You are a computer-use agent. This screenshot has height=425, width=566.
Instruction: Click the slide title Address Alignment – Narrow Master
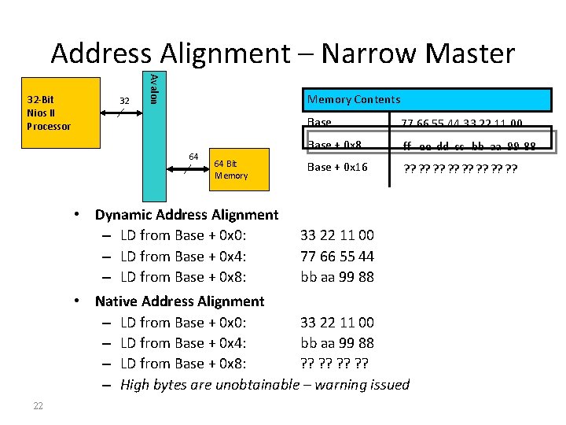pos(283,54)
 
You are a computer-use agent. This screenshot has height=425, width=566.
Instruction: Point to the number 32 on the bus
pos(124,101)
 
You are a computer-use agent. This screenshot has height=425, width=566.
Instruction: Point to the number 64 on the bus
pos(192,157)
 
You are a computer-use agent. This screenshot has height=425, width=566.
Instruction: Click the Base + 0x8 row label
pos(334,145)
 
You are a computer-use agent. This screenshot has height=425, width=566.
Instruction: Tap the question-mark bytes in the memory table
pos(460,168)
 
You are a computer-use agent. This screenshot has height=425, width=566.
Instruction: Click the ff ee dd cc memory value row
pos(469,146)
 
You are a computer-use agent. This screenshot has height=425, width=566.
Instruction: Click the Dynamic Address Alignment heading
pos(186,214)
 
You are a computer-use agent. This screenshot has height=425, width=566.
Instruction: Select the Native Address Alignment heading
pos(179,301)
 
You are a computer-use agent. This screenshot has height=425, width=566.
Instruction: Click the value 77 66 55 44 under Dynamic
pos(337,256)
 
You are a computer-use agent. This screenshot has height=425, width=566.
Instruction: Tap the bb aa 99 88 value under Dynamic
pos(337,276)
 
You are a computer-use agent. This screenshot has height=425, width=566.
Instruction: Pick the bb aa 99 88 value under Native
pos(337,342)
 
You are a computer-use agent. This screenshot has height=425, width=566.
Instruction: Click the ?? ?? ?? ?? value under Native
pos(336,363)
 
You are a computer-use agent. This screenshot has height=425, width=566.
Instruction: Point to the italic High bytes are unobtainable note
pos(265,384)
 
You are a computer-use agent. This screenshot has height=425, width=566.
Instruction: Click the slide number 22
pos(38,405)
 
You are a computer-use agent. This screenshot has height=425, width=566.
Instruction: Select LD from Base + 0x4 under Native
pos(184,342)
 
